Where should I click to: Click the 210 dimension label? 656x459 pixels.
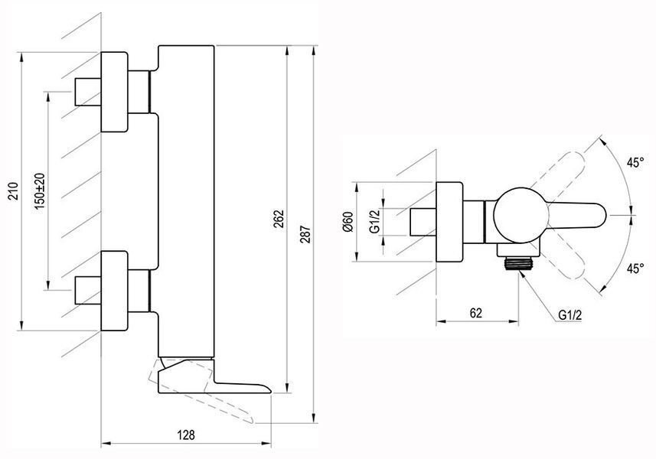pyautogui.click(x=14, y=191)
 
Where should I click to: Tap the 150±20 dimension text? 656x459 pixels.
pyautogui.click(x=40, y=191)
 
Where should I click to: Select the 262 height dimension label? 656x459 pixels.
pyautogui.click(x=279, y=219)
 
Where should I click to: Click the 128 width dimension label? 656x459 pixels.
pyautogui.click(x=186, y=435)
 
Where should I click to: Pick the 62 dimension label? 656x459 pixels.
pyautogui.click(x=476, y=313)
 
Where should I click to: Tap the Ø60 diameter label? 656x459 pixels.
pyautogui.click(x=348, y=222)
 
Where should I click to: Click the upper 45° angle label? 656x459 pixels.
pyautogui.click(x=635, y=162)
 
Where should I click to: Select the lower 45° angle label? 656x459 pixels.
pyautogui.click(x=635, y=269)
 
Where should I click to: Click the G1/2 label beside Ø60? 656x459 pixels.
pyautogui.click(x=374, y=222)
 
